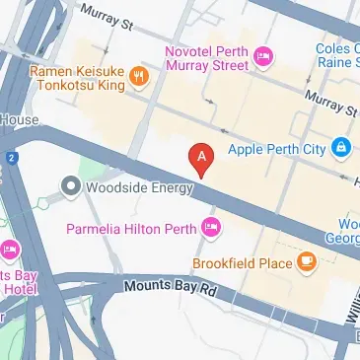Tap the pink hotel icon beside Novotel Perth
click(x=262, y=56)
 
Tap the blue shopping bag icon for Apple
click(x=339, y=149)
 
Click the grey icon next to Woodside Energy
click(x=70, y=185)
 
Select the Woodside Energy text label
click(x=129, y=185)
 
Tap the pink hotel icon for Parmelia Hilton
click(x=209, y=229)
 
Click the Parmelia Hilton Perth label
click(x=130, y=229)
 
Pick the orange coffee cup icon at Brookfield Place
click(x=309, y=262)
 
